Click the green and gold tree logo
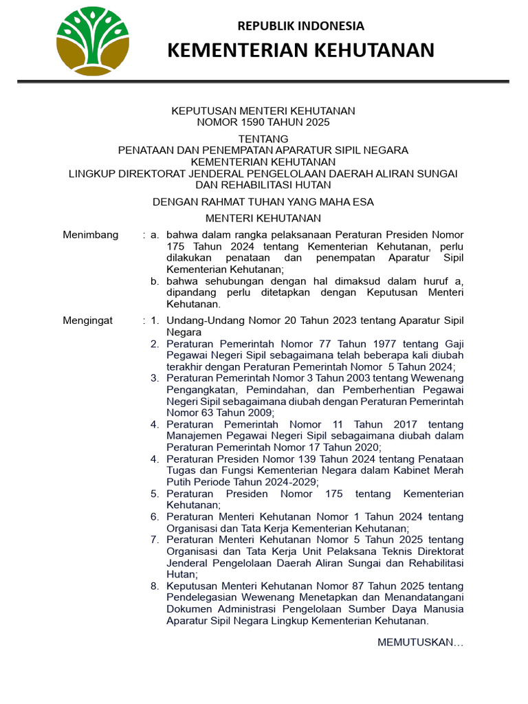(x=93, y=41)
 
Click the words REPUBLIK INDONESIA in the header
(x=301, y=26)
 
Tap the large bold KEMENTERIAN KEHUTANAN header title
(x=301, y=50)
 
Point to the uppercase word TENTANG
(x=263, y=139)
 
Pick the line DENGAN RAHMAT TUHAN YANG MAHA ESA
(x=263, y=201)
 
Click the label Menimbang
(x=91, y=235)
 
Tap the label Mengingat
(x=89, y=320)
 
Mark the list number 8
(x=155, y=586)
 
